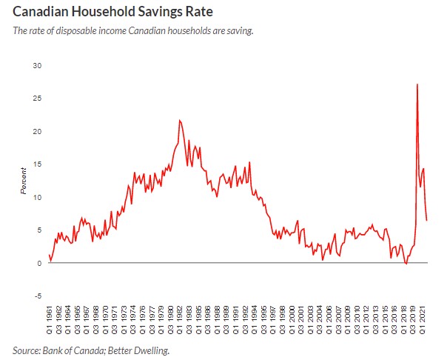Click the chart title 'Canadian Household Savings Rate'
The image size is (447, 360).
point(107,13)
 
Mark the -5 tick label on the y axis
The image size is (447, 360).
point(38,296)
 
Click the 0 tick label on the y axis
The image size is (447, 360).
point(40,263)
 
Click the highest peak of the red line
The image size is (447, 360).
point(417,84)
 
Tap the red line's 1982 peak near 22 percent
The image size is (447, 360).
point(179,120)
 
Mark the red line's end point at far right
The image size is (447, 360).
point(427,220)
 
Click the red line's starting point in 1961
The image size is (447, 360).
point(49,255)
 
